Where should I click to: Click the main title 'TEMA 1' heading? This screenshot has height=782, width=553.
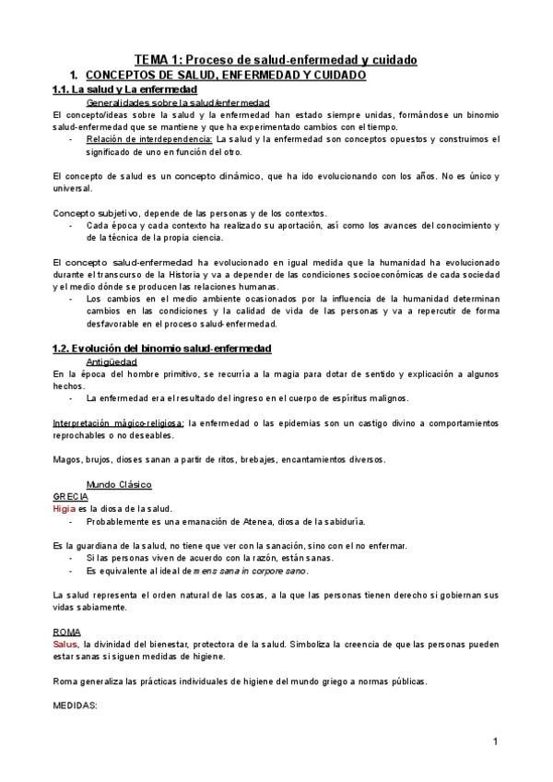[276, 60]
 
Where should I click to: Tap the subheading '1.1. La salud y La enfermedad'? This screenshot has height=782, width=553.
[124, 89]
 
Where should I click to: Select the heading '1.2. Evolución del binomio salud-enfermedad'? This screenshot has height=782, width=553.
[161, 348]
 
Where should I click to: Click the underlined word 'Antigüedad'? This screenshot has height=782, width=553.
[112, 361]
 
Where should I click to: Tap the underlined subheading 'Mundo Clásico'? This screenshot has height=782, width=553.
[118, 483]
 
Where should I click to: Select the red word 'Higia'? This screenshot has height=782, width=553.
[65, 508]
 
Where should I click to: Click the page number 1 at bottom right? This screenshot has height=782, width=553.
[495, 741]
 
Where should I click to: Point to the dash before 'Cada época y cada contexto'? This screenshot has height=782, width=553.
[71, 225]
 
